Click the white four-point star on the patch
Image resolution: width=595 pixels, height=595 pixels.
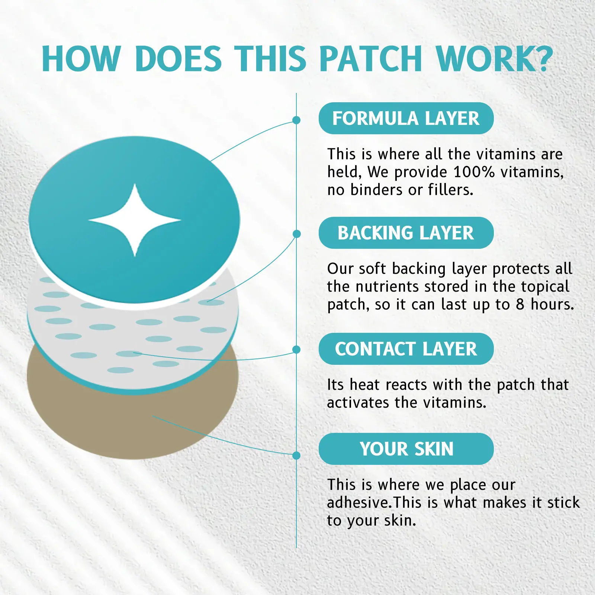tap(135, 220)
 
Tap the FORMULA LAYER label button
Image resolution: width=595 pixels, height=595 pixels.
tap(406, 118)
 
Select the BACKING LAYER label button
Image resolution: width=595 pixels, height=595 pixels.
tap(406, 233)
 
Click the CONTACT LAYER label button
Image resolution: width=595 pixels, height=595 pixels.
tap(406, 349)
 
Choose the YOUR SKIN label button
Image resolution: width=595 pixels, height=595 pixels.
tap(406, 449)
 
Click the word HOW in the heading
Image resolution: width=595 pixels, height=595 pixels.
tap(81, 58)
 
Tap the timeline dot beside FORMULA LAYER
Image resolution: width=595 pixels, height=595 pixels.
tap(296, 120)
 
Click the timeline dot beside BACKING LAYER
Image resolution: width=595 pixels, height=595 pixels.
tap(296, 234)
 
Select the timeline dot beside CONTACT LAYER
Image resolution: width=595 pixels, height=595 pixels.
tap(296, 350)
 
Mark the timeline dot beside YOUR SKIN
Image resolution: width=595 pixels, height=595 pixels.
tap(296, 456)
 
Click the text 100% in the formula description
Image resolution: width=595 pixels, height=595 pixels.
tap(474, 172)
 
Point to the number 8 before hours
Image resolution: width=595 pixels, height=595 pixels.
tap(520, 304)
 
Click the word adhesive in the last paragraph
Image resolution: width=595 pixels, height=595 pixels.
tap(358, 502)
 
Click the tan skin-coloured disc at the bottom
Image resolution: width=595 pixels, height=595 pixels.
tap(93, 420)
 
